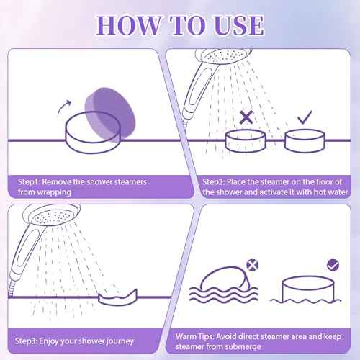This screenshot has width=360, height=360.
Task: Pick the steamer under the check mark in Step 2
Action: (305, 140)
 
